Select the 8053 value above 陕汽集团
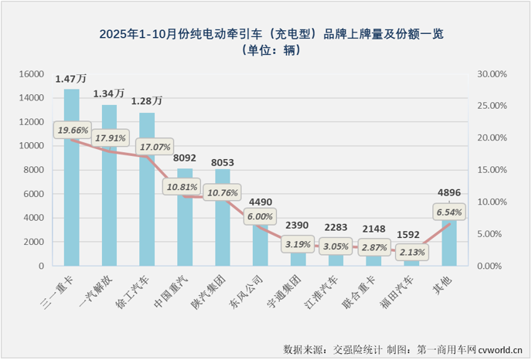click(223, 163)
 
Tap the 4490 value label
click(261, 205)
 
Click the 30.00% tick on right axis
click(492, 74)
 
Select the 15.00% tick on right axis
click(492, 170)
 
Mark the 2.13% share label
click(411, 250)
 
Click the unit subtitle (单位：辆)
click(265, 50)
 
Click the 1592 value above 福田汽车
click(411, 233)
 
